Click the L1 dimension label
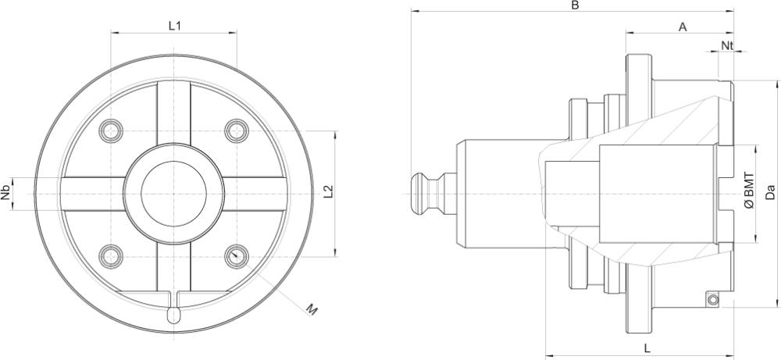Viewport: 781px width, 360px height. coord(175,26)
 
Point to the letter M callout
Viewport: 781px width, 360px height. coord(311,311)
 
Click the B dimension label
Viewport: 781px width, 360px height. coord(574,5)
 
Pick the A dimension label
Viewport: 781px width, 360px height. coord(682,27)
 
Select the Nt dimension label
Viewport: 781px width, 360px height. coord(726,45)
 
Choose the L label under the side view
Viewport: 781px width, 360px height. coord(648,346)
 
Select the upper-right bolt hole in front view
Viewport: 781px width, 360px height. coord(236,130)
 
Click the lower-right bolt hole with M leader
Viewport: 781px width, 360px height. coord(236,255)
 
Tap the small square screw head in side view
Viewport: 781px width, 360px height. coord(712,300)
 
